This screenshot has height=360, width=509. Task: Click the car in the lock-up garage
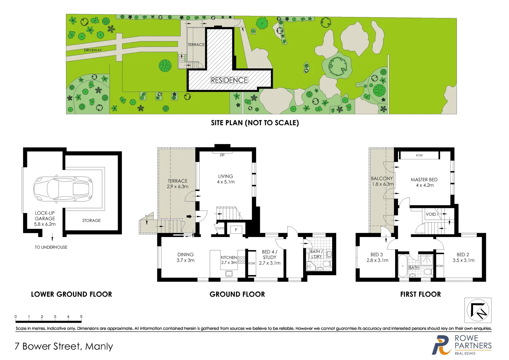(x=63, y=189)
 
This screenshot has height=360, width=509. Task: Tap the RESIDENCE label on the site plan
(x=229, y=80)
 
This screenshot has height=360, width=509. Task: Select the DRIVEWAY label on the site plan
(x=93, y=50)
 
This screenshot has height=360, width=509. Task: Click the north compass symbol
(x=478, y=311)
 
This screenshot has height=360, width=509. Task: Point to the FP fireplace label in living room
(x=222, y=155)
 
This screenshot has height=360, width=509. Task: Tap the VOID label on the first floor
(x=431, y=214)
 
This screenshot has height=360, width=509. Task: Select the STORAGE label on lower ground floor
(x=91, y=221)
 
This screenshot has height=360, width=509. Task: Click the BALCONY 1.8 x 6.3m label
(x=382, y=181)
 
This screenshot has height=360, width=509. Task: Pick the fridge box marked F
(x=236, y=230)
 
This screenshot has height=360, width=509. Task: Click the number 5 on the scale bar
(x=81, y=317)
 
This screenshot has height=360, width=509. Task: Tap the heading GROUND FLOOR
(x=237, y=294)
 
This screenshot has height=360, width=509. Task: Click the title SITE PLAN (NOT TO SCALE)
(x=255, y=123)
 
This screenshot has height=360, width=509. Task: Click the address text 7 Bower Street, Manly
(x=64, y=347)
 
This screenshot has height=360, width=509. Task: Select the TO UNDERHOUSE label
(x=51, y=247)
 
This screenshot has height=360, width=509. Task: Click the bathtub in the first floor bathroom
(x=403, y=266)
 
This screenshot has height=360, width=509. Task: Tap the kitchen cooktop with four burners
(x=242, y=260)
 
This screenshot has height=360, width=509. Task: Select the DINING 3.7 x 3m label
(x=186, y=257)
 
